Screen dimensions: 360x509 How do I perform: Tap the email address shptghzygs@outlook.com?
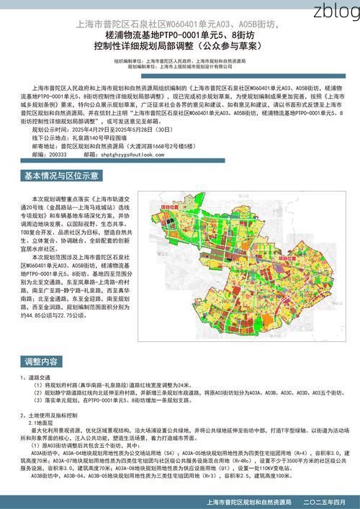pyautogui.click(x=137, y=154)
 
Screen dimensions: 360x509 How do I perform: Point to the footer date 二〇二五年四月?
pyautogui.click(x=325, y=501)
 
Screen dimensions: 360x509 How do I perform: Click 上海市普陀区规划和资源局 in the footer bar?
pyautogui.click(x=249, y=501)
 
